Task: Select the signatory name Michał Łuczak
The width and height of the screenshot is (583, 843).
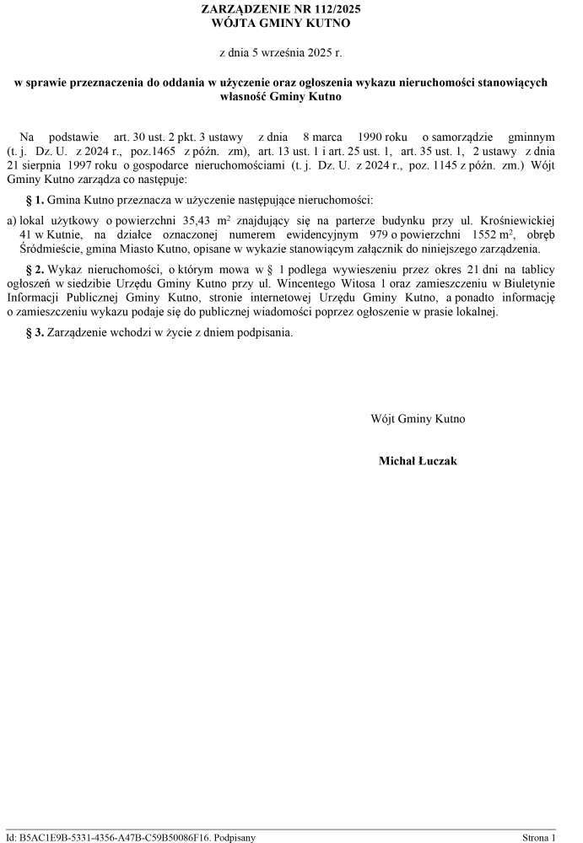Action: [x=418, y=461]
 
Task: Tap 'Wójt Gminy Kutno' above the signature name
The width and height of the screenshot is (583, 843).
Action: [x=418, y=419]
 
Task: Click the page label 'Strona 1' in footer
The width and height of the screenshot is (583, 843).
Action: [x=539, y=838]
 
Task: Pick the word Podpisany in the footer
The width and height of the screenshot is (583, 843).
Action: [x=235, y=838]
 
